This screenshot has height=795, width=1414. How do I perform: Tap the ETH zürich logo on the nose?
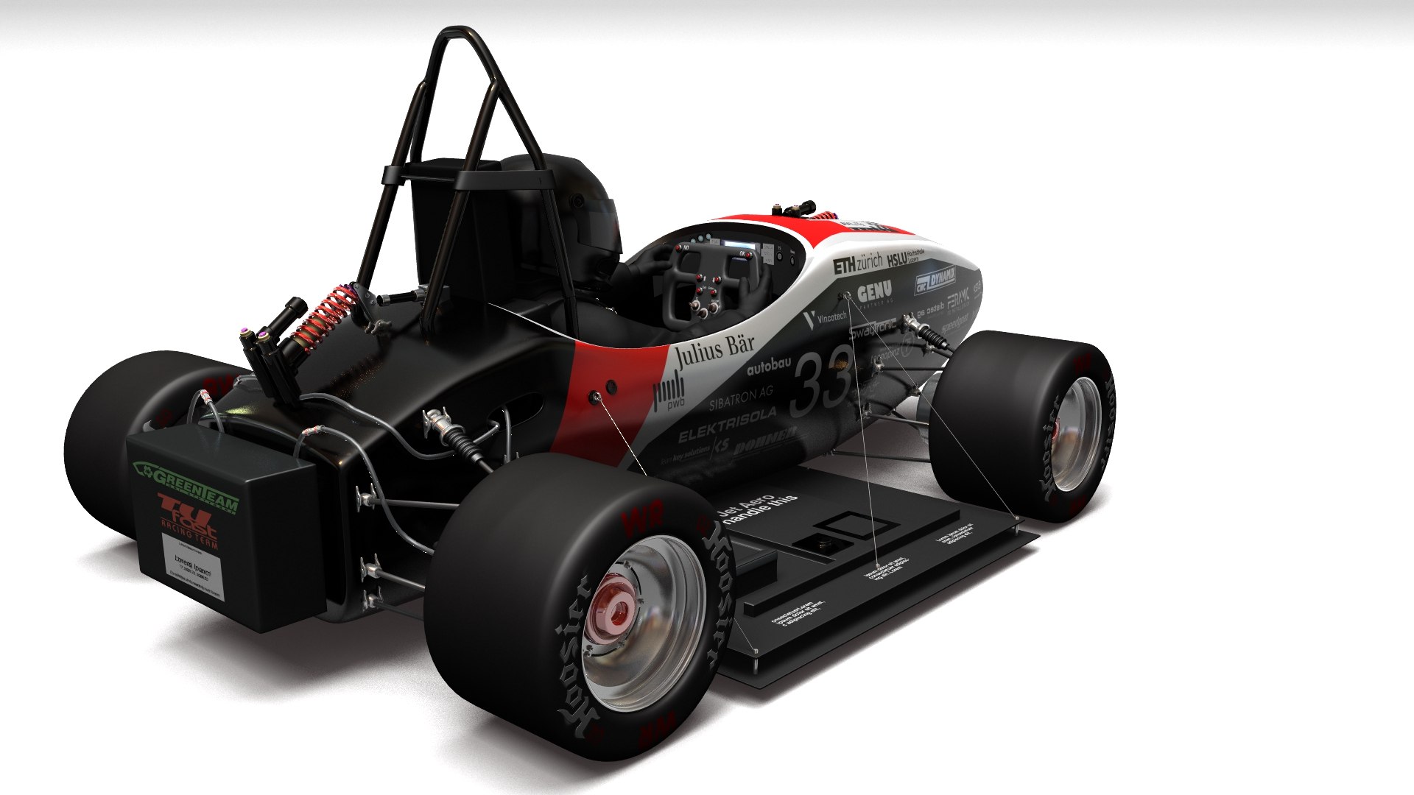857,264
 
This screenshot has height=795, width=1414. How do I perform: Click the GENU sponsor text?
874,291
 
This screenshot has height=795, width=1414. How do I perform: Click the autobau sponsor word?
768,365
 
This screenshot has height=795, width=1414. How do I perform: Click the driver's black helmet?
582,206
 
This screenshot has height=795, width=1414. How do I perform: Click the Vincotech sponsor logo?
826,318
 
